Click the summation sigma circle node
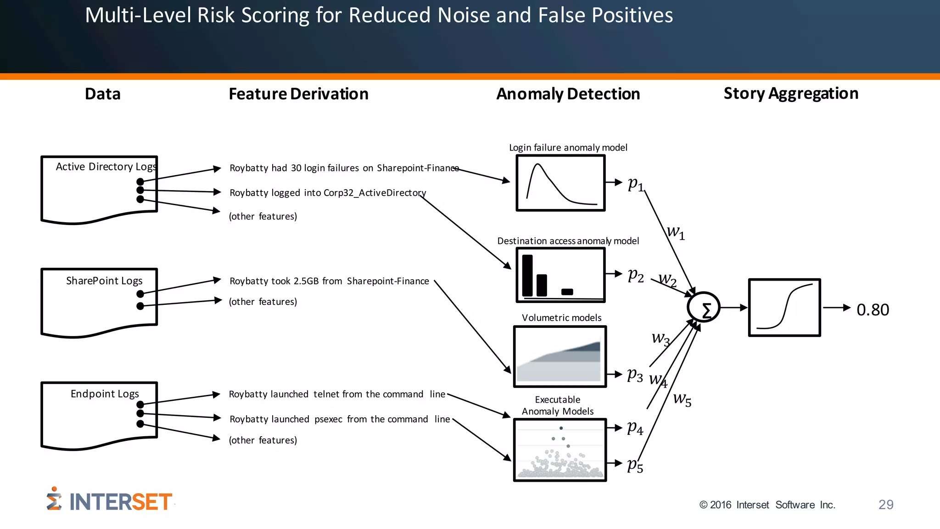pyautogui.click(x=704, y=308)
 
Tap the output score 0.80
pyautogui.click(x=873, y=310)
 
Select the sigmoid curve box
pyautogui.click(x=784, y=308)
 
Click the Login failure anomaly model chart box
pyautogui.click(x=560, y=183)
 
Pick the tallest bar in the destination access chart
pyautogui.click(x=527, y=276)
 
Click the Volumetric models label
pyautogui.click(x=561, y=318)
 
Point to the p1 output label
pyautogui.click(x=636, y=184)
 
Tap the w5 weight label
pyautogui.click(x=682, y=399)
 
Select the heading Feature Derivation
pyautogui.click(x=298, y=94)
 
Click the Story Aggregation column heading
pyautogui.click(x=791, y=94)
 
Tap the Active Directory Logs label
pyautogui.click(x=106, y=167)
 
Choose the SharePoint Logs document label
pyautogui.click(x=104, y=281)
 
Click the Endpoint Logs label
pyautogui.click(x=105, y=394)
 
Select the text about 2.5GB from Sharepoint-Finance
pyautogui.click(x=329, y=281)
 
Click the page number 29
pyautogui.click(x=885, y=505)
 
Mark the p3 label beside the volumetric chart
pyautogui.click(x=635, y=375)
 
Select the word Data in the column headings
pyautogui.click(x=103, y=94)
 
